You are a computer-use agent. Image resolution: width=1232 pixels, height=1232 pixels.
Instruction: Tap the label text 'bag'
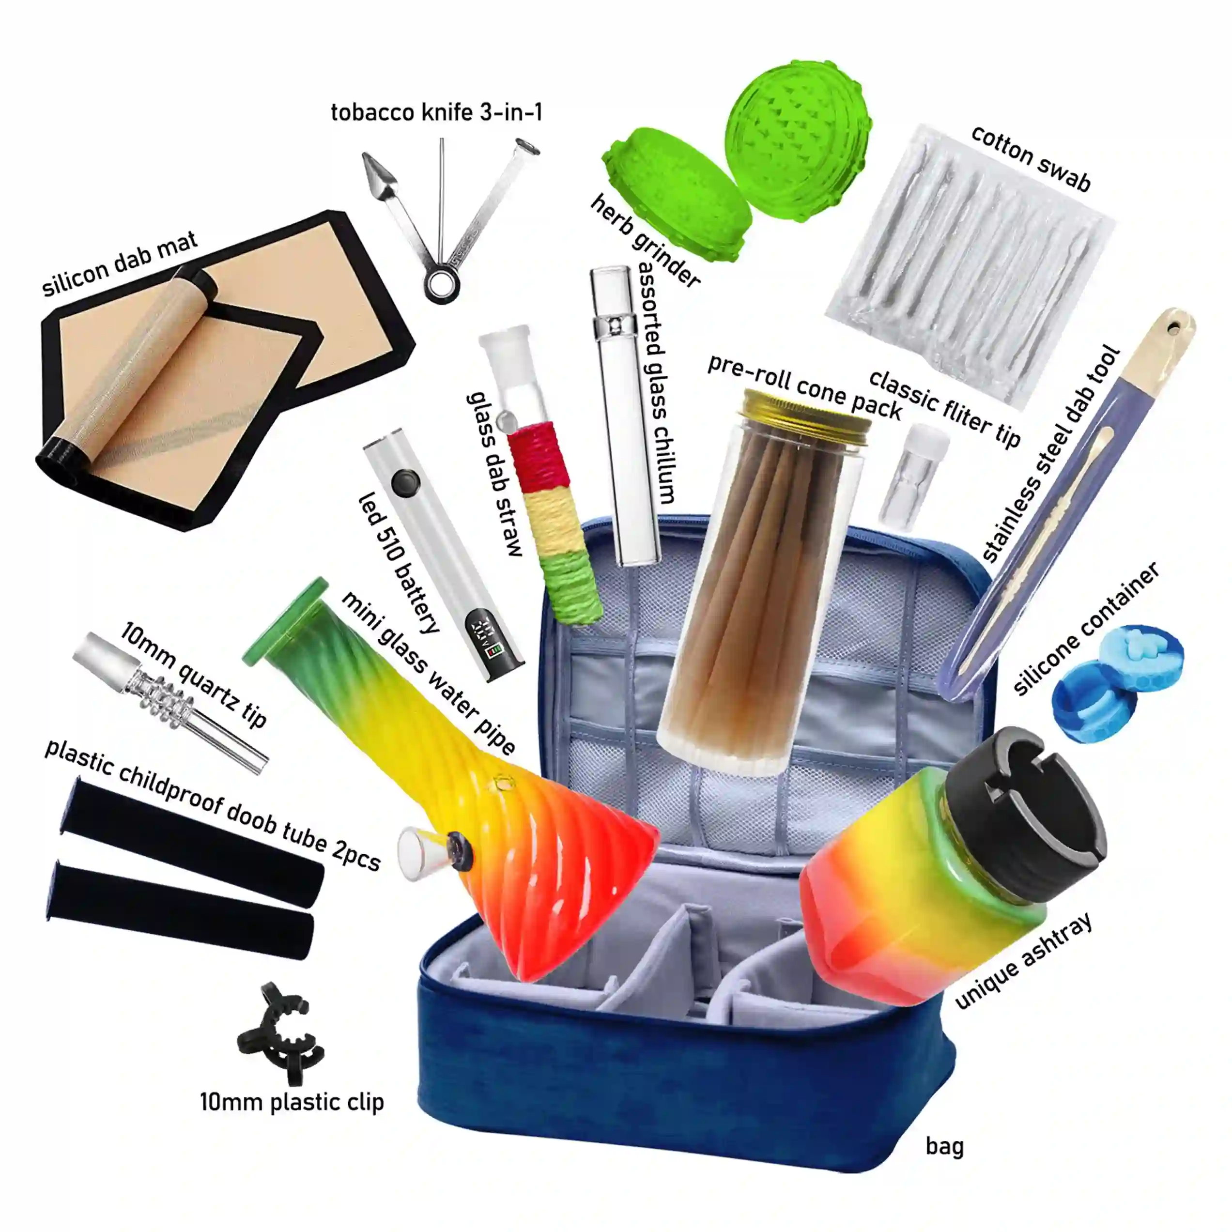[x=944, y=1146]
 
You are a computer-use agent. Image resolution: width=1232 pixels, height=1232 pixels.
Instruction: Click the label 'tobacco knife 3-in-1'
[x=437, y=112]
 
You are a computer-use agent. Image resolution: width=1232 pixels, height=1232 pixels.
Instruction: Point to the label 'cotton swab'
[x=1031, y=157]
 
